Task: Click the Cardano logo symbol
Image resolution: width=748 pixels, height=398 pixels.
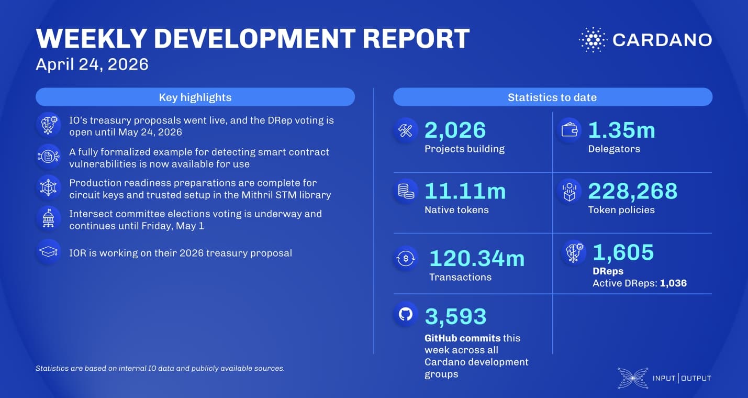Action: click(593, 40)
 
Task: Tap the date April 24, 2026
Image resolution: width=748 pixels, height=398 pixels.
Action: click(92, 64)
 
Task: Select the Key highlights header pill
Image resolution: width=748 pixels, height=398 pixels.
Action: click(195, 97)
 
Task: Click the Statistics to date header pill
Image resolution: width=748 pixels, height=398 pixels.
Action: click(552, 97)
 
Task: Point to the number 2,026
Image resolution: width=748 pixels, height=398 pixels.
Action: click(455, 130)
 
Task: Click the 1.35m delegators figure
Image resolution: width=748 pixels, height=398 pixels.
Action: click(621, 130)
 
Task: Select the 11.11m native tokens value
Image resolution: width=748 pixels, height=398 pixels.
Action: click(465, 191)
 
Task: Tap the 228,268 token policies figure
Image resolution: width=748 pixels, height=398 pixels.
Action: click(632, 191)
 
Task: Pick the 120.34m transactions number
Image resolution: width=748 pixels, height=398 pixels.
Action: click(476, 259)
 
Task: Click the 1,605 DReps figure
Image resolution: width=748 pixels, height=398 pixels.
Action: click(623, 252)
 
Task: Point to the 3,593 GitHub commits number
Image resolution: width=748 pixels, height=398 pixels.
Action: click(455, 316)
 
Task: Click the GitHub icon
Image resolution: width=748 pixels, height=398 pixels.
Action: click(406, 314)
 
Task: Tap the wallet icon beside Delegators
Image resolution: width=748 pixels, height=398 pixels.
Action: click(569, 130)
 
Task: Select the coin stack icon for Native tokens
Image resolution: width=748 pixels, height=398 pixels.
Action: click(406, 192)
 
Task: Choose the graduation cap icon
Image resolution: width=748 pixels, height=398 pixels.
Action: click(48, 252)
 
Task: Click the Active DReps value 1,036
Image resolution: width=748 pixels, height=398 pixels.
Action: click(673, 283)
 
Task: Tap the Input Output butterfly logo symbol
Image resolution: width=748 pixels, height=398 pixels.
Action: click(632, 378)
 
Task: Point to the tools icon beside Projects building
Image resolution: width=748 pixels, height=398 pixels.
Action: click(406, 131)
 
